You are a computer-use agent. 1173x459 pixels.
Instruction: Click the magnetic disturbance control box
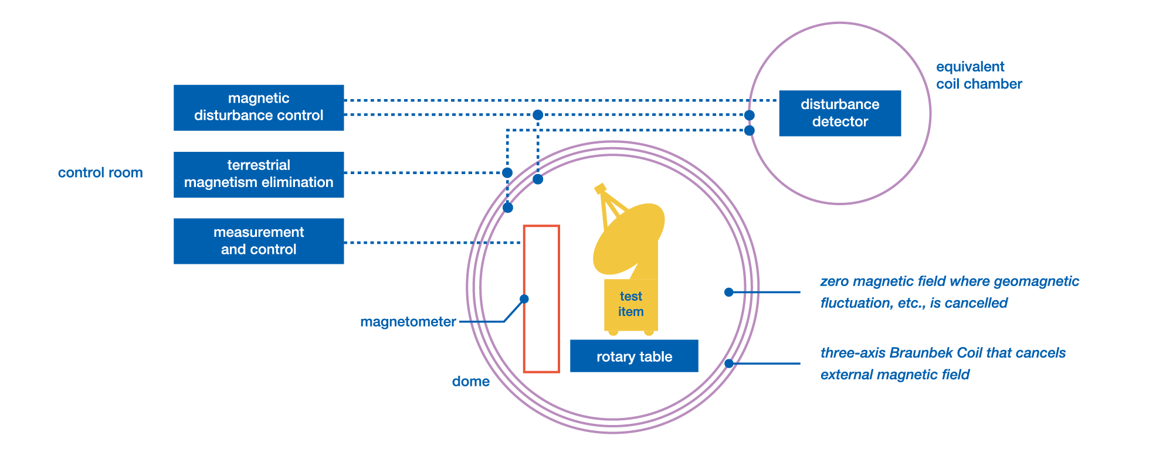pyautogui.click(x=258, y=107)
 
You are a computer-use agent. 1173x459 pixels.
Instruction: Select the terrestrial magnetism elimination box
pyautogui.click(x=258, y=174)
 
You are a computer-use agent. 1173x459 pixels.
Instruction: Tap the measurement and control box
pyautogui.click(x=258, y=241)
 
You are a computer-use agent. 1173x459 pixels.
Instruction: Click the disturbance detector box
pyautogui.click(x=839, y=113)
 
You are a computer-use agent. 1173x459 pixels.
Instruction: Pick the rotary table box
pyautogui.click(x=634, y=356)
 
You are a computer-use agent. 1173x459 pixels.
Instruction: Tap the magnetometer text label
pyautogui.click(x=408, y=322)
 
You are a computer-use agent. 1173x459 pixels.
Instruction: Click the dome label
pyautogui.click(x=470, y=382)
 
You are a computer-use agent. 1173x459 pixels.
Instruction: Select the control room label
pyautogui.click(x=100, y=173)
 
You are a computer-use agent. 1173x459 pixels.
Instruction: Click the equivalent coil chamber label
pyautogui.click(x=978, y=76)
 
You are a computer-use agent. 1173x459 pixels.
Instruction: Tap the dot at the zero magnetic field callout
pyautogui.click(x=728, y=292)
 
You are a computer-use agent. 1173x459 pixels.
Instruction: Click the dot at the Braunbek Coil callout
pyautogui.click(x=728, y=363)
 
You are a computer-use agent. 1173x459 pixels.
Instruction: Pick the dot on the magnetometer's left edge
pyautogui.click(x=524, y=299)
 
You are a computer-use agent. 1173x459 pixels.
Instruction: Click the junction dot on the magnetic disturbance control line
pyautogui.click(x=538, y=115)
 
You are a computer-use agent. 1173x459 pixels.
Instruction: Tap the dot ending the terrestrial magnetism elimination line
pyautogui.click(x=507, y=172)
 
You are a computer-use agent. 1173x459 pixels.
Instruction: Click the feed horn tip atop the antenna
pyautogui.click(x=599, y=188)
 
